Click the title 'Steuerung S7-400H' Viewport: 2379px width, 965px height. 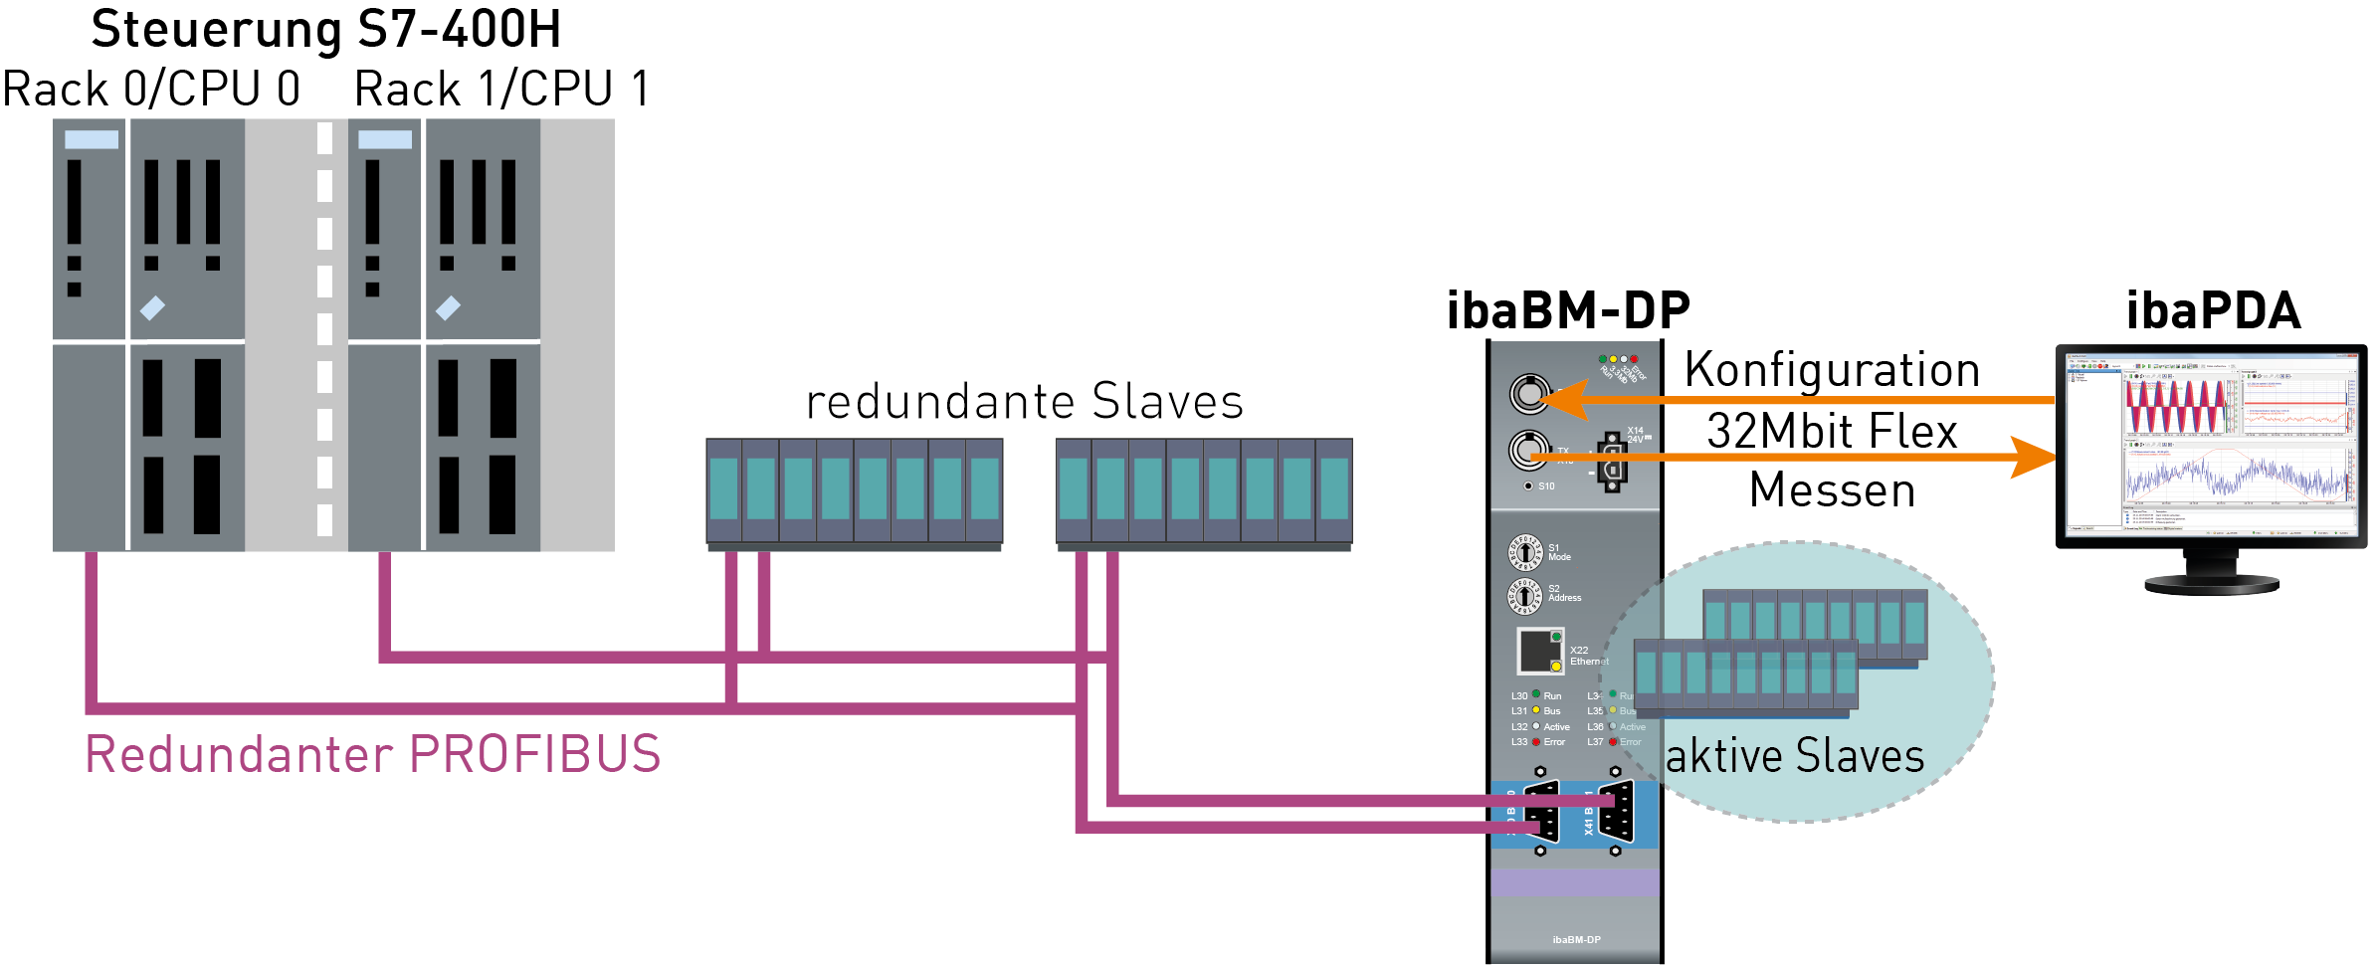pos(326,30)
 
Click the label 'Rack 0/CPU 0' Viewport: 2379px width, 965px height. pos(151,90)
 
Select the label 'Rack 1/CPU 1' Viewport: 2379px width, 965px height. pos(502,90)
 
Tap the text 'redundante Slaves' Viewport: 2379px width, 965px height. pos(1025,402)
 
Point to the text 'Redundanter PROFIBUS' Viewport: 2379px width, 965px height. pos(373,754)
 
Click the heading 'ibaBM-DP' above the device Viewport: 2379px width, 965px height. pos(1568,310)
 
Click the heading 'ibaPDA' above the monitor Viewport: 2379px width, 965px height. pos(2213,310)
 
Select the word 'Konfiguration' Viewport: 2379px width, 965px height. pos(1832,370)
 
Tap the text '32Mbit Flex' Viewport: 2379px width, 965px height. pos(1832,432)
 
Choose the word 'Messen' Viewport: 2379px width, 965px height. pos(1832,490)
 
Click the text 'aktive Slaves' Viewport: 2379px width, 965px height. pos(1795,756)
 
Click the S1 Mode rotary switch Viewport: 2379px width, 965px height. pos(1524,552)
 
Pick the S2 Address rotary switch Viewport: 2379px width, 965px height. pos(1524,595)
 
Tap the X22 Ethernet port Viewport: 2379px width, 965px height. pos(1539,651)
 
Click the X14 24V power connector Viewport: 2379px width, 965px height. pos(1612,463)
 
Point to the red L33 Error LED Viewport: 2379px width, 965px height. pos(1536,742)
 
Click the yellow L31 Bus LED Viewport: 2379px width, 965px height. pos(1536,710)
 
